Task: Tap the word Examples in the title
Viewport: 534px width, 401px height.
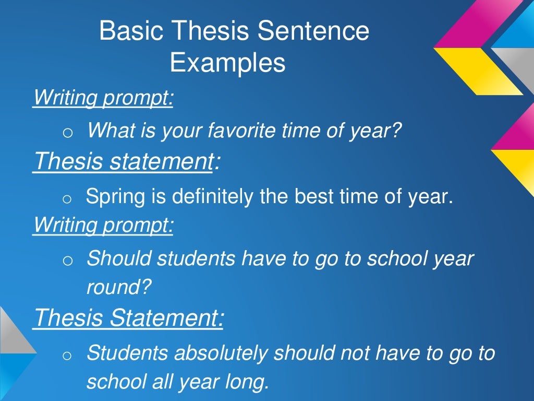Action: (x=227, y=63)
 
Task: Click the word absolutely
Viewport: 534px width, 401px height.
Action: (x=222, y=353)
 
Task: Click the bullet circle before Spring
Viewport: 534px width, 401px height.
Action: (x=66, y=199)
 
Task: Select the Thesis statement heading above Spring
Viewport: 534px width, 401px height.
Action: (x=123, y=161)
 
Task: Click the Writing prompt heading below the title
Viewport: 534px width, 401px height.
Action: (x=103, y=97)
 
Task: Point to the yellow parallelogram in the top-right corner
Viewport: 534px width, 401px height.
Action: (x=477, y=70)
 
